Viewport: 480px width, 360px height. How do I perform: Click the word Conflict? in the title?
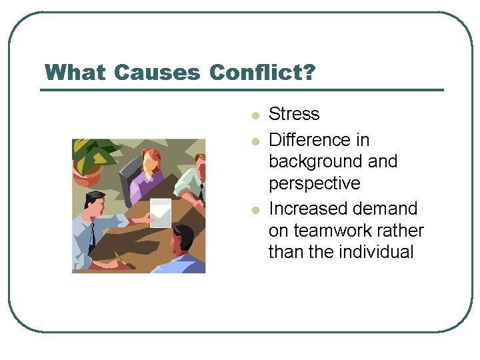click(262, 72)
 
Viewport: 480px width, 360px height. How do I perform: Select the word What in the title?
click(76, 72)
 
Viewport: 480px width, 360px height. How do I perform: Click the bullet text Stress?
click(294, 114)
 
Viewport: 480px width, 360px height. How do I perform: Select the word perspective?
click(314, 184)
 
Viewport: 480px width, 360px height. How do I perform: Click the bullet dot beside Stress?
click(255, 116)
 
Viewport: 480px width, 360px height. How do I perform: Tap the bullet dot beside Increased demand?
click(255, 211)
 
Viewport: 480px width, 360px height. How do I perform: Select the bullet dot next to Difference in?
click(255, 141)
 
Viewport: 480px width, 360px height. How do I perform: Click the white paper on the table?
click(160, 212)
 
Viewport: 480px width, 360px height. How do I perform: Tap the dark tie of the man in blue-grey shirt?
click(92, 235)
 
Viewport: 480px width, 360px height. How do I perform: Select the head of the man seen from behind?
click(182, 239)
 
